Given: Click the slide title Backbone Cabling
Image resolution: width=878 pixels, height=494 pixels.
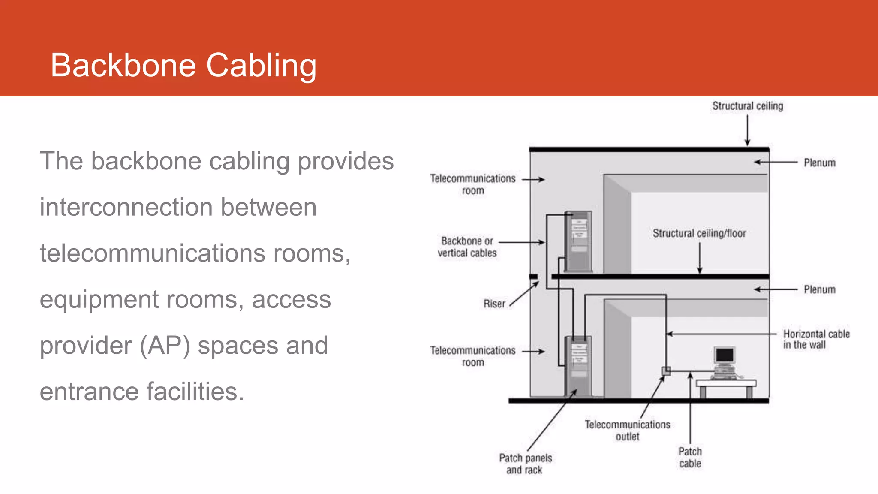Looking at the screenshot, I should [183, 66].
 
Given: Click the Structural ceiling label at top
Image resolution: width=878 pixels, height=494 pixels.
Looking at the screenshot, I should [747, 106].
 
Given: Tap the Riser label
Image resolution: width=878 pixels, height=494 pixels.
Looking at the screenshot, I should [494, 304].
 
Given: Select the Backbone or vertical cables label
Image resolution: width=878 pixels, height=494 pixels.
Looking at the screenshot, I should [467, 247].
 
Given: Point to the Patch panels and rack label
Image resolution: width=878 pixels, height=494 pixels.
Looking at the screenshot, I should [525, 464].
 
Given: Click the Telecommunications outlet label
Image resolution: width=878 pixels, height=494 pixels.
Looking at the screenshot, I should [627, 431].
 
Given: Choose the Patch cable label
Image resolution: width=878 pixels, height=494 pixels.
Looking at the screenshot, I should [690, 458].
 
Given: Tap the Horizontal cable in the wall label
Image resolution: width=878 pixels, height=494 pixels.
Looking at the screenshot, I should [816, 339].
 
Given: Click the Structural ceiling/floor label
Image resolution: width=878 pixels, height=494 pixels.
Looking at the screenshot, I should [699, 233].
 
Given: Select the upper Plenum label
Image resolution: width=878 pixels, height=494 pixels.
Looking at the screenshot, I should [819, 163].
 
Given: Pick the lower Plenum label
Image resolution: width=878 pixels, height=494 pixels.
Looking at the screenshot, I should [819, 290].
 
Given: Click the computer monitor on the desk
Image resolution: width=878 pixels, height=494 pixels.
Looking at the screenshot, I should [725, 356].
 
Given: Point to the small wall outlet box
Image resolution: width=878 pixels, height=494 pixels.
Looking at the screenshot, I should [666, 371].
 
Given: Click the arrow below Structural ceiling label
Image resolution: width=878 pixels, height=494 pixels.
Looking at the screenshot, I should [747, 131].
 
